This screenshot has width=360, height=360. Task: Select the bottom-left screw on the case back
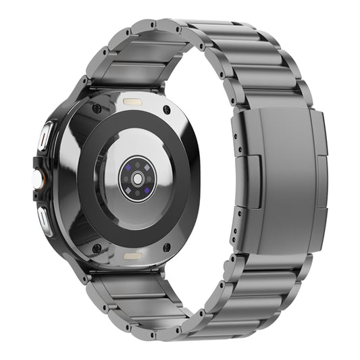click(97, 248)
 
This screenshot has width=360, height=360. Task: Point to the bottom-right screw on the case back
click(166, 248)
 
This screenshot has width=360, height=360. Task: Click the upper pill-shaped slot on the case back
click(131, 100)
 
